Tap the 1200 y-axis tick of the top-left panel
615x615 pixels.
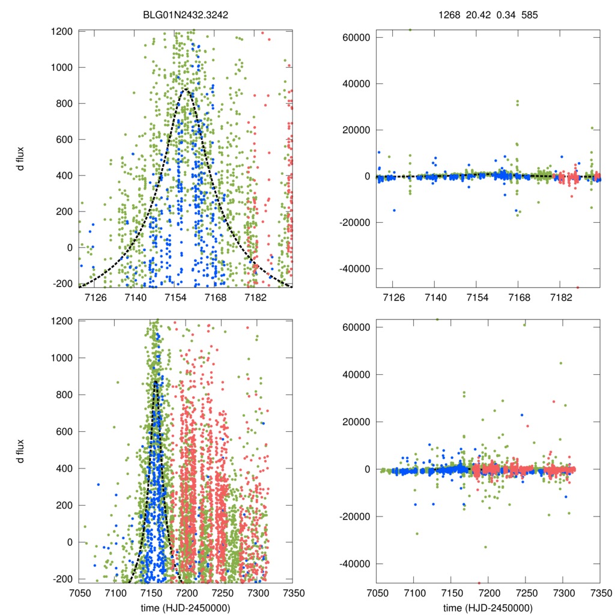click(62, 31)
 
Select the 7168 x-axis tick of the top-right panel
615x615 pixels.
click(519, 298)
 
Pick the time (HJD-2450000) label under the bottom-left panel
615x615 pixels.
click(185, 607)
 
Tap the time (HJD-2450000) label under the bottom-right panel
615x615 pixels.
click(488, 607)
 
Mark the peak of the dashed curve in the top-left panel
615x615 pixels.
click(186, 89)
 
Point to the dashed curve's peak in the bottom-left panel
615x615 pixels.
click(155, 381)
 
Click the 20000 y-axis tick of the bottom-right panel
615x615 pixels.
click(356, 422)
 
